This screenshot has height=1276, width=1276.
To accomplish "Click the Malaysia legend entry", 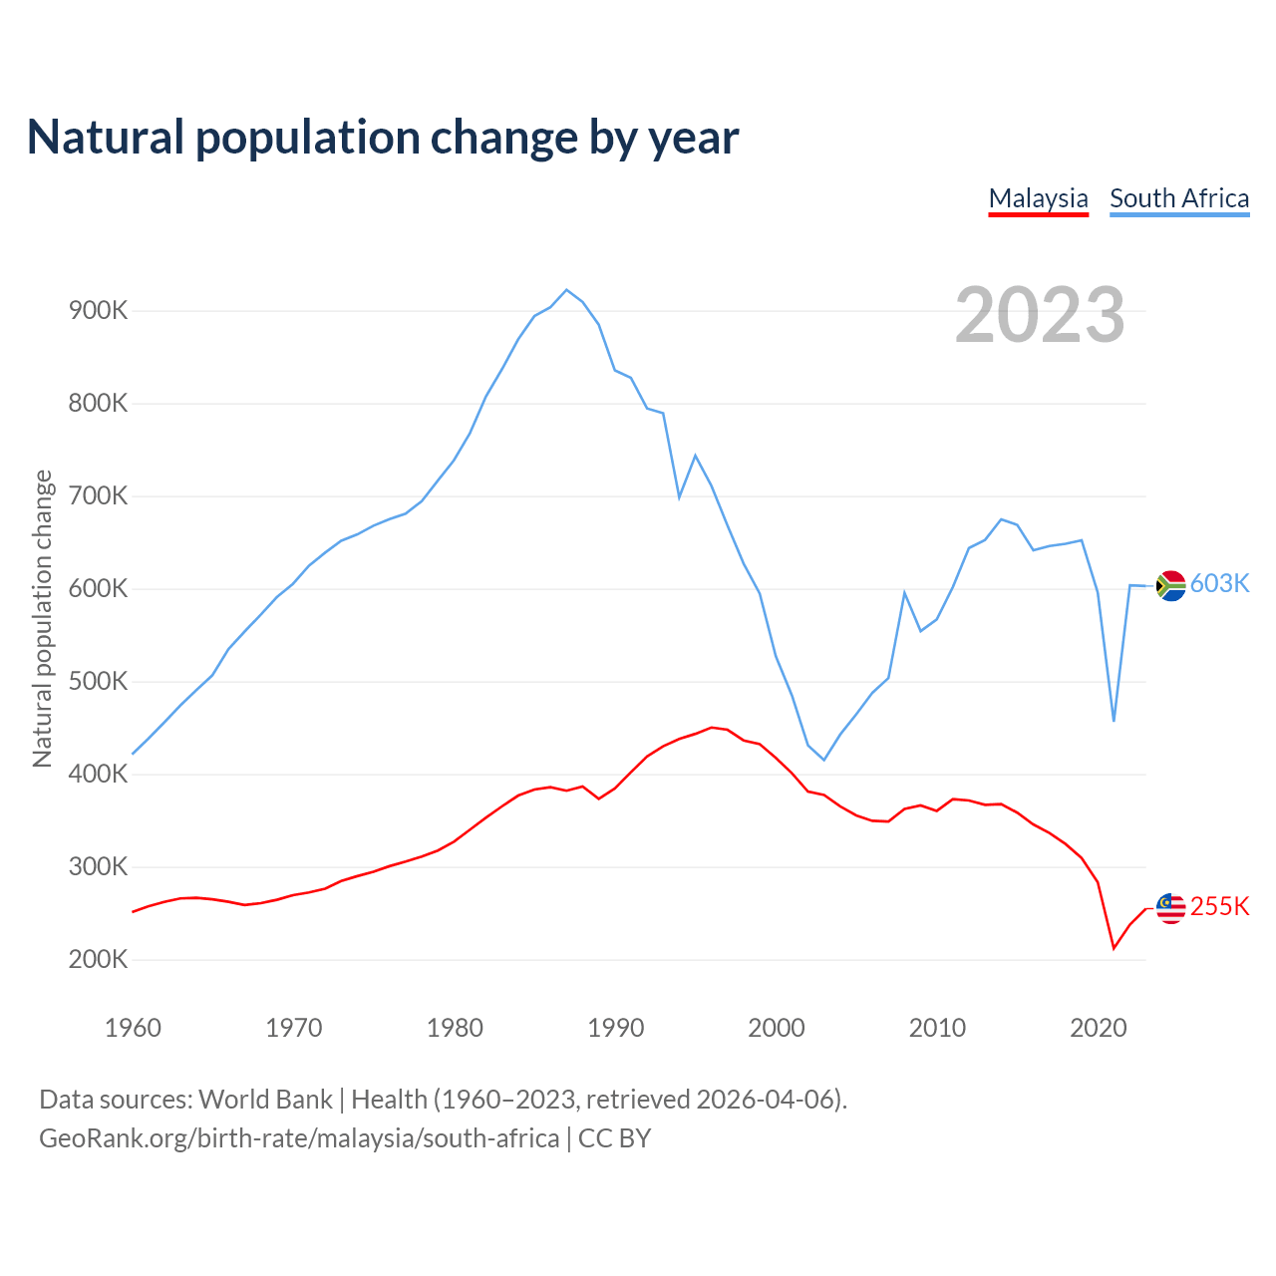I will pyautogui.click(x=1038, y=198).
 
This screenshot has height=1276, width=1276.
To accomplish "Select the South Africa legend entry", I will pyautogui.click(x=1179, y=198).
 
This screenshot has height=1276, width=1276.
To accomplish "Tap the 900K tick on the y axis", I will pyautogui.click(x=99, y=311).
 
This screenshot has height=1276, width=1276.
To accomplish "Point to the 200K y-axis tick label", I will pyautogui.click(x=99, y=960).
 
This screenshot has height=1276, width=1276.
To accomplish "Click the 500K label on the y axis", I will pyautogui.click(x=99, y=682).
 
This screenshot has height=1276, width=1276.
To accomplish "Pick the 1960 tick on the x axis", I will pyautogui.click(x=133, y=1028).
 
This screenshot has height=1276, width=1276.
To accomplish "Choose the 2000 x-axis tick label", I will pyautogui.click(x=777, y=1028).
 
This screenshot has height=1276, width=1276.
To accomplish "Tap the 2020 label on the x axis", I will pyautogui.click(x=1098, y=1028).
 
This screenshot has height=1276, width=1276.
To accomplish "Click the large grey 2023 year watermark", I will pyautogui.click(x=1040, y=315).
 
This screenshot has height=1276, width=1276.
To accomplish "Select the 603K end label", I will pyautogui.click(x=1219, y=584).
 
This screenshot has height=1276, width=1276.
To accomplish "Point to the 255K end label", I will pyautogui.click(x=1219, y=907).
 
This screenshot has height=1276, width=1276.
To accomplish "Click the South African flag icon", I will pyautogui.click(x=1170, y=585).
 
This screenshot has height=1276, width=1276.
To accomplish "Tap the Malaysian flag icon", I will pyautogui.click(x=1170, y=908).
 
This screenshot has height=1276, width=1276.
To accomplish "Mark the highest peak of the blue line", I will pyautogui.click(x=566, y=290).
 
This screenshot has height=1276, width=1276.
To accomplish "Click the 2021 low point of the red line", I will pyautogui.click(x=1114, y=948).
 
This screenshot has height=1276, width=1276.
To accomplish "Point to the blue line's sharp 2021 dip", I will pyautogui.click(x=1114, y=721).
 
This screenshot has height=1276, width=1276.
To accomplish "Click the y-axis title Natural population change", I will pyautogui.click(x=42, y=619).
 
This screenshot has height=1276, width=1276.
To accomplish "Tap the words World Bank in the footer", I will pyautogui.click(x=265, y=1100).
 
